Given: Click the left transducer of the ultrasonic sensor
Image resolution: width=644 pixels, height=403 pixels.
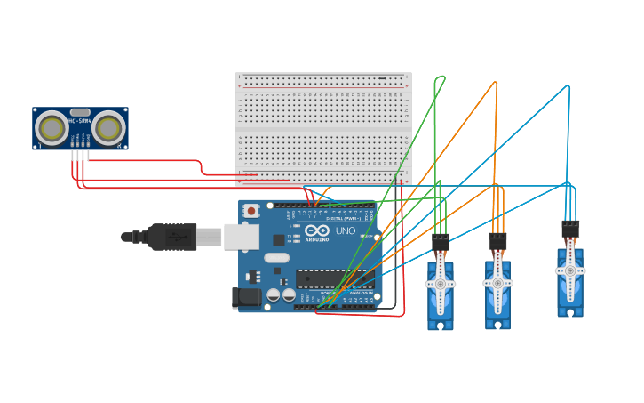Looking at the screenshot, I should pyautogui.click(x=52, y=128).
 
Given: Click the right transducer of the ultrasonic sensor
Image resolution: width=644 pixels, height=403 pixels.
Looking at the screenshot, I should pyautogui.click(x=108, y=128).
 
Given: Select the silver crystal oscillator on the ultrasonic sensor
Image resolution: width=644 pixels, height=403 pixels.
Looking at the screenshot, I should pyautogui.click(x=80, y=113).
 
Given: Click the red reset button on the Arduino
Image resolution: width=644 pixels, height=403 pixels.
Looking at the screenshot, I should pyautogui.click(x=251, y=211).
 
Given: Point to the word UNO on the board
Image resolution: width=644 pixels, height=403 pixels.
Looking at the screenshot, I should pyautogui.click(x=345, y=230).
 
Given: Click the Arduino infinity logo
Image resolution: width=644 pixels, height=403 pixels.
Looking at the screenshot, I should pyautogui.click(x=316, y=230).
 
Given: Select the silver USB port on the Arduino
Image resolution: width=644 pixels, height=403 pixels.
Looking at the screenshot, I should pyautogui.click(x=241, y=236).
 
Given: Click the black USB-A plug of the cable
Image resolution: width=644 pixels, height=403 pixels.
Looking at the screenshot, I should pyautogui.click(x=172, y=237).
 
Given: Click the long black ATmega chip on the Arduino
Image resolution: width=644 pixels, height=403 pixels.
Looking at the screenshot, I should pyautogui.click(x=330, y=278).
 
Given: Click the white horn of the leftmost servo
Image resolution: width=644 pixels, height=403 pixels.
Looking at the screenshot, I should pyautogui.click(x=441, y=284).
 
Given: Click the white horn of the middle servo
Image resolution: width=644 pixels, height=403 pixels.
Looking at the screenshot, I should pyautogui.click(x=497, y=282).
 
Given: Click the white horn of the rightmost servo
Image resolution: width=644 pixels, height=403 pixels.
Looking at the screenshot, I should pyautogui.click(x=570, y=270).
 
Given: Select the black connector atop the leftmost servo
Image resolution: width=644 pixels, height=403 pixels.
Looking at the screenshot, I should pyautogui.click(x=441, y=240).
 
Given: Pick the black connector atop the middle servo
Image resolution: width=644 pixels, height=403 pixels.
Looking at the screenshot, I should pyautogui.click(x=497, y=240).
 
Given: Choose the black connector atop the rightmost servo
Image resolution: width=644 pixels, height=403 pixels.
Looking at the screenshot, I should pyautogui.click(x=570, y=228).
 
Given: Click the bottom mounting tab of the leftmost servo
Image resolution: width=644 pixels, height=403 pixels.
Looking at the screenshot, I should pyautogui.click(x=441, y=325).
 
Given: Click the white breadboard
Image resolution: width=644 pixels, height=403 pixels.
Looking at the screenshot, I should pyautogui.click(x=323, y=128).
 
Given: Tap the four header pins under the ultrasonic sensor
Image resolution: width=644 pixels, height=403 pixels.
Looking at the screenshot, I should pyautogui.click(x=80, y=155).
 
